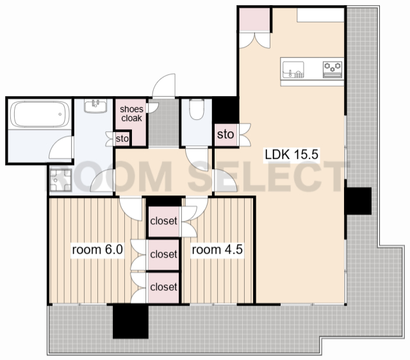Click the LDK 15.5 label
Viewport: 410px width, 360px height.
click(x=291, y=154)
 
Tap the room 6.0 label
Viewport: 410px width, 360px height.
click(x=97, y=249)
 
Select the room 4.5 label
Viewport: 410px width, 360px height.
click(x=217, y=249)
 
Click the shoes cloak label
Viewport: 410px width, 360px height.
click(x=131, y=113)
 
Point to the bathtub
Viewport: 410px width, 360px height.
click(x=40, y=114)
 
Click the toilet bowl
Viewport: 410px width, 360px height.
click(x=197, y=110)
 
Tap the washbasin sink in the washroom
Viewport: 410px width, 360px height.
click(x=95, y=106)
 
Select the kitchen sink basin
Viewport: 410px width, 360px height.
click(x=293, y=70)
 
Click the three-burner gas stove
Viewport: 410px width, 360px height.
click(x=332, y=70)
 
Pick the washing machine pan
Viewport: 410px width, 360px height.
click(x=60, y=180)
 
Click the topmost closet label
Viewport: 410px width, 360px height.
click(x=164, y=221)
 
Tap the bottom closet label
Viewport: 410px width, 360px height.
click(x=164, y=287)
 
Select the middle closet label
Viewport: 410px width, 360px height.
click(x=164, y=254)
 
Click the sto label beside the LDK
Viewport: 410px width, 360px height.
click(x=225, y=135)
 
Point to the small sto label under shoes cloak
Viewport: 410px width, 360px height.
click(x=122, y=138)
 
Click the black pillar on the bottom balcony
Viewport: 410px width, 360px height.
click(x=131, y=321)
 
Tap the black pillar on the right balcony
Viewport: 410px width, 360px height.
click(x=358, y=200)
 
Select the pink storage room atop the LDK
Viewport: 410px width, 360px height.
click(x=254, y=20)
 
